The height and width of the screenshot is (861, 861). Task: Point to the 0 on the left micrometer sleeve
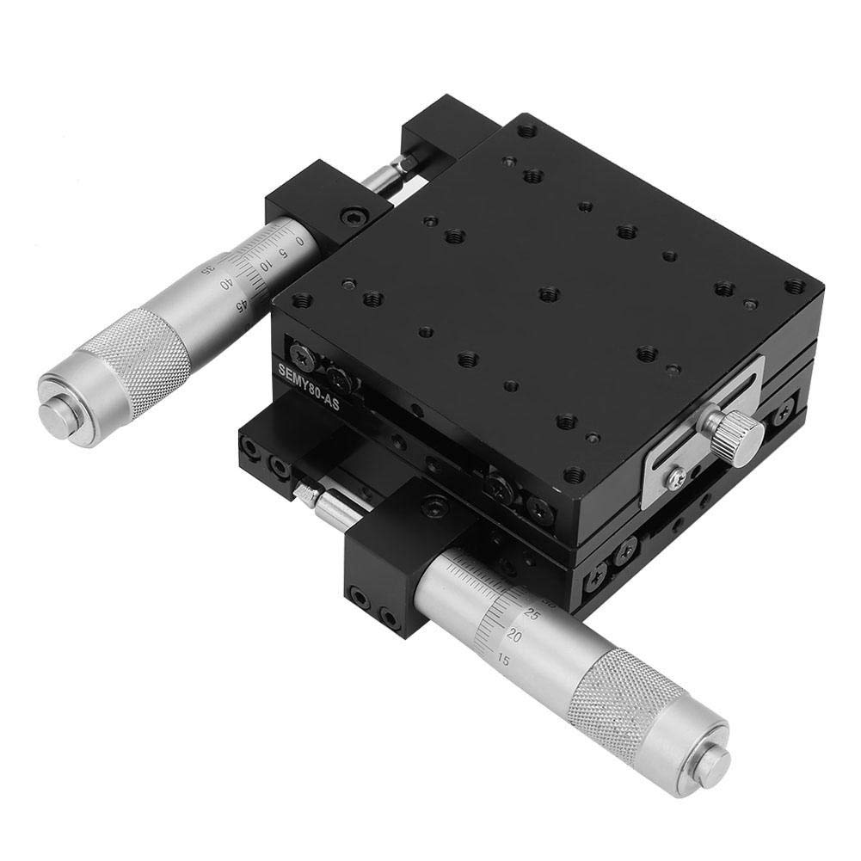(299, 242)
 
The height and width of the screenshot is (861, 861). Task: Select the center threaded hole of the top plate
(549, 295)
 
